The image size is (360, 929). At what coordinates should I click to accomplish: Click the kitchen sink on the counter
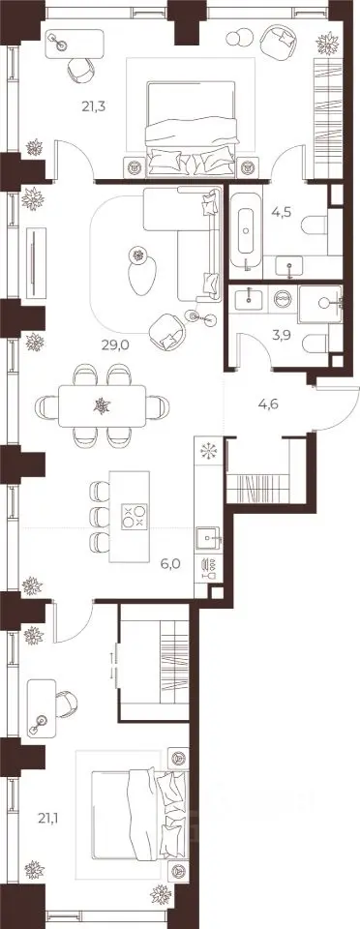(x=208, y=537)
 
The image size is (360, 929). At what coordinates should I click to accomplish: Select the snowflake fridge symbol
(x=208, y=450)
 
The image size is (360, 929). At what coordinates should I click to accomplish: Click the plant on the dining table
(x=103, y=405)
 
